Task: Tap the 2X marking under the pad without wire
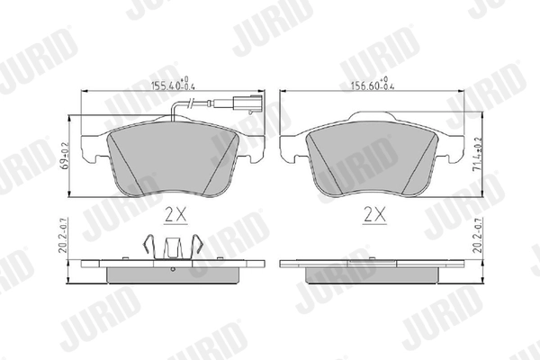(373, 215)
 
